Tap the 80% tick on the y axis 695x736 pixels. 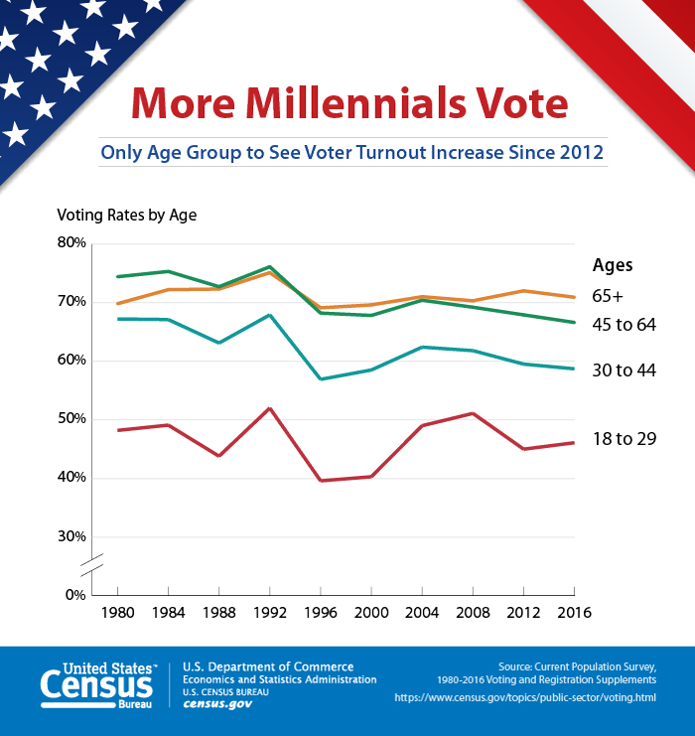click(72, 243)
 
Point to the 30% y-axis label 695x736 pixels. click(72, 536)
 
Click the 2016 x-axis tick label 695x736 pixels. click(574, 613)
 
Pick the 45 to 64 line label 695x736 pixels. click(625, 325)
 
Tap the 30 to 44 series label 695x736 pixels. click(625, 370)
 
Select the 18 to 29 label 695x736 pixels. click(625, 438)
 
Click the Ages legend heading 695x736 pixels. click(613, 265)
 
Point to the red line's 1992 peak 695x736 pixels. click(269, 408)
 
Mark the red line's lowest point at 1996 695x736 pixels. click(321, 481)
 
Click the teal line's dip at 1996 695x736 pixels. click(321, 378)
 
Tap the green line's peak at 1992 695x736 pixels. click(269, 266)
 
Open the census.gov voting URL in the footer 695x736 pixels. click(524, 697)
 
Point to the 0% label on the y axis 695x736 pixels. click(75, 595)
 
